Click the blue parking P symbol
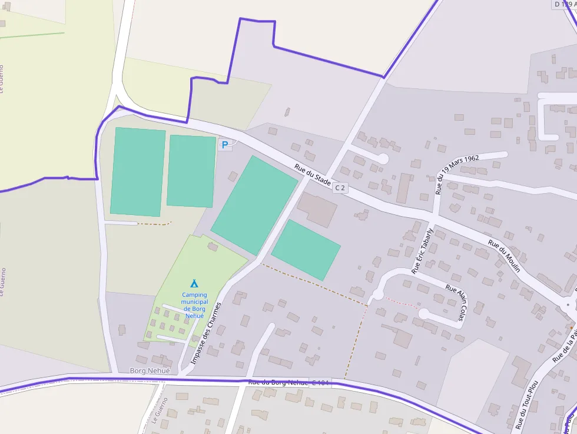224,144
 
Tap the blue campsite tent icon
194,283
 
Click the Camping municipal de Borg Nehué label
194,305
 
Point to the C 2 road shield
340,188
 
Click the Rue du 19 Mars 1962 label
457,174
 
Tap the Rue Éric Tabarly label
423,251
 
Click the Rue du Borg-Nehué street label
278,382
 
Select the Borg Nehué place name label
150,371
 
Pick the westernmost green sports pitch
137,171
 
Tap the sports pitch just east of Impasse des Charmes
306,250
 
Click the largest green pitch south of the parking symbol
255,205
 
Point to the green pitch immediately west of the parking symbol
191,171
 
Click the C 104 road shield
321,383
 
